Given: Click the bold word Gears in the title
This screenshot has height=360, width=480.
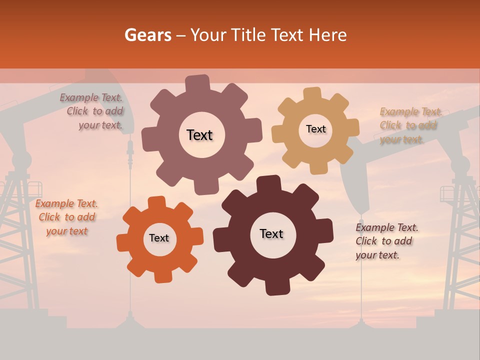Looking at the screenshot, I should (147, 35).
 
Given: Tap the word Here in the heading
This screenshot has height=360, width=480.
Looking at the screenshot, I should (327, 35).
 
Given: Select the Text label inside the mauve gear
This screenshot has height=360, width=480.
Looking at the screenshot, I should (199, 135).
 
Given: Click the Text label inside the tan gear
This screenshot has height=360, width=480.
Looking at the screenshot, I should (315, 129).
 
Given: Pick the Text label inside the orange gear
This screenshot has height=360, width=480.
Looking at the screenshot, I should (159, 238).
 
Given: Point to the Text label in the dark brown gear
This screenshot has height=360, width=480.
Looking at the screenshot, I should (271, 233).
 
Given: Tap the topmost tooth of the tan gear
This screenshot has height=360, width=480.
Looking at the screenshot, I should (312, 93).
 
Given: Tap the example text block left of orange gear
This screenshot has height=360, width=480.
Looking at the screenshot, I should (66, 217).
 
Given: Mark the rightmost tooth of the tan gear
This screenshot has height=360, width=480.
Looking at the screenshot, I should (353, 128).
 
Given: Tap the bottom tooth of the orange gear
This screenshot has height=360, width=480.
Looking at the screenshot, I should (163, 276).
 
